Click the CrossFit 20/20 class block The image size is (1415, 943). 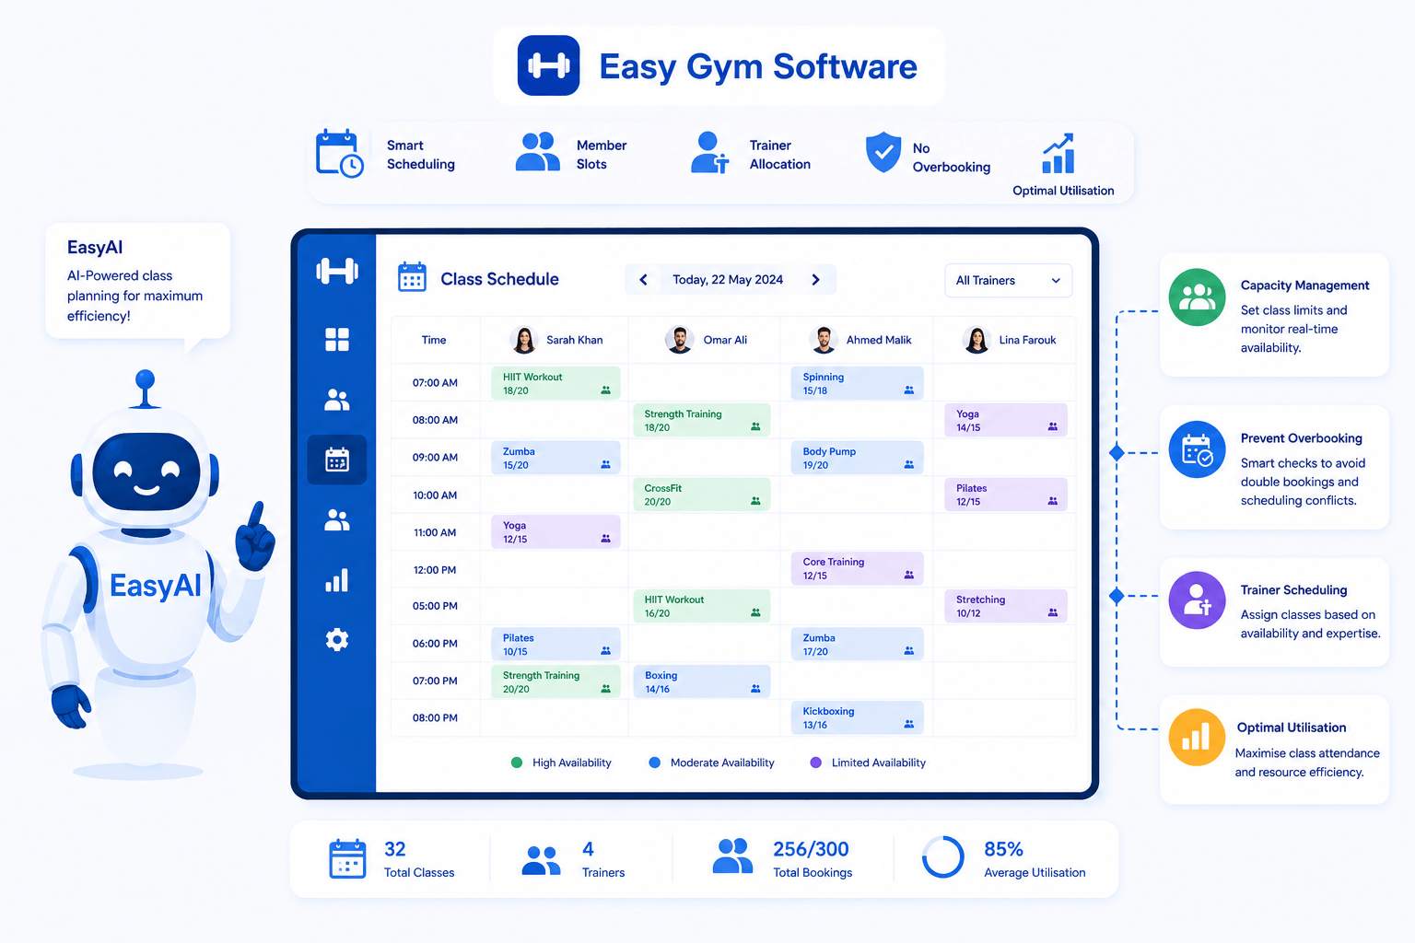701,495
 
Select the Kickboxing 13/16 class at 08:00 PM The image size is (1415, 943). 857,717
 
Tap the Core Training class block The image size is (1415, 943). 857,568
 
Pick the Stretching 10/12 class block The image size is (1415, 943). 1006,606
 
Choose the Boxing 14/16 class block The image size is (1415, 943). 701,681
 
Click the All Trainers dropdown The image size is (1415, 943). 1008,281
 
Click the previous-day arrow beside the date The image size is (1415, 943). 643,280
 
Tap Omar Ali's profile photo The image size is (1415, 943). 679,340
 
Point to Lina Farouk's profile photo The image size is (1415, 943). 976,340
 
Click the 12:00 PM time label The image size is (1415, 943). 435,570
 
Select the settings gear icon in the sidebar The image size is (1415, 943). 336,640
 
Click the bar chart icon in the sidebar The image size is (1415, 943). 336,580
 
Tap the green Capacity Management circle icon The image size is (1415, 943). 1197,297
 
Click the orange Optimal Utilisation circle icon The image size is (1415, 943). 1197,737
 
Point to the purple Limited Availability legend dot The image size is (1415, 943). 815,763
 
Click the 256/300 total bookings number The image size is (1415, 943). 811,849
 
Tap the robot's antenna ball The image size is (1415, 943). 146,379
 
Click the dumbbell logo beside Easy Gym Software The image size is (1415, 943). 548,65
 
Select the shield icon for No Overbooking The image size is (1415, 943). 883,152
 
